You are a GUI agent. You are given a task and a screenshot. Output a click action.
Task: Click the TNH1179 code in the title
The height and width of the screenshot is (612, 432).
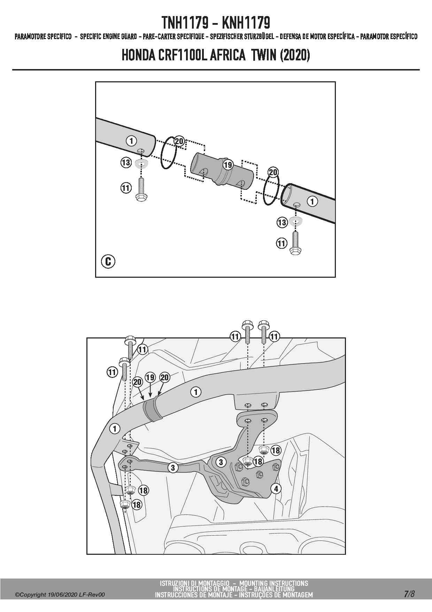[185, 23]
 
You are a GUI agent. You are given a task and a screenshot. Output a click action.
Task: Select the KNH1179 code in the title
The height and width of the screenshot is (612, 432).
[246, 23]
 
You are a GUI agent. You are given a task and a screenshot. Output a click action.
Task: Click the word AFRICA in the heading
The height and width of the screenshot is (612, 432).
[228, 55]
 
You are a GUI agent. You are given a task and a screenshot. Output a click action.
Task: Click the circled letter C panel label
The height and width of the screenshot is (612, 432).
[108, 261]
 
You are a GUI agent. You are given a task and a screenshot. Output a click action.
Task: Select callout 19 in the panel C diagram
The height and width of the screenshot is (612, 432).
[228, 165]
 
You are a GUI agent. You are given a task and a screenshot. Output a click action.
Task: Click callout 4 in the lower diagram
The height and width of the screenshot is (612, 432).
[276, 489]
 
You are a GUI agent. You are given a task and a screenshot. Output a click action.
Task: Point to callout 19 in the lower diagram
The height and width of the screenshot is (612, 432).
[150, 378]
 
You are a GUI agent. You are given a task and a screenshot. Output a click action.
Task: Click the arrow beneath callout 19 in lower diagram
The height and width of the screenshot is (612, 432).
[150, 390]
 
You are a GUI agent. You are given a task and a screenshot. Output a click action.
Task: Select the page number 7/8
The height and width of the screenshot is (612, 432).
[409, 594]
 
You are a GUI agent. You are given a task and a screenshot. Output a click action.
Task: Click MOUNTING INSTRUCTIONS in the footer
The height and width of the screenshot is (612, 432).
[274, 583]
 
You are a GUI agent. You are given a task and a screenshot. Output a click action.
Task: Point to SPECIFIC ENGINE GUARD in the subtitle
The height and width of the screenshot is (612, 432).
[108, 37]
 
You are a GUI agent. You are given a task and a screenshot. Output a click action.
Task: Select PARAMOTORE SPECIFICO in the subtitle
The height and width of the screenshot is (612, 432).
[43, 37]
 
